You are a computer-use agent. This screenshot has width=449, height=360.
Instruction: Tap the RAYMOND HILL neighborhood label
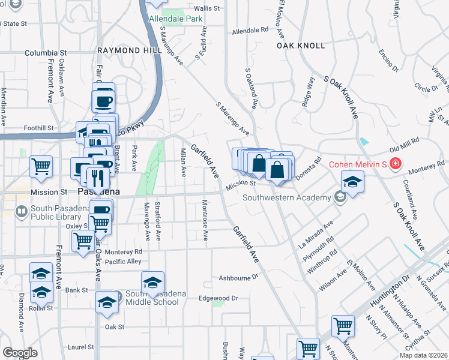(130, 50)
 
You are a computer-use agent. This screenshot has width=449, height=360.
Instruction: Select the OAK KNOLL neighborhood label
(301, 46)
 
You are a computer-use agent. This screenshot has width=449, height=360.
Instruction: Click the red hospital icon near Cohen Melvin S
(395, 164)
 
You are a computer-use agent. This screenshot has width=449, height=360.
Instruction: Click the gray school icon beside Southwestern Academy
(340, 197)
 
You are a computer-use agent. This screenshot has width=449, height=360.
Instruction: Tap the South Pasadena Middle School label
(151, 298)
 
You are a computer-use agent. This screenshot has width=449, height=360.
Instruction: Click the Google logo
(20, 353)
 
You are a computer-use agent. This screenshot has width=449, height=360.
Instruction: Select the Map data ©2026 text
(423, 355)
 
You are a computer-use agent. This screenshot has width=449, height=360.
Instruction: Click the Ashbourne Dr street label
(238, 278)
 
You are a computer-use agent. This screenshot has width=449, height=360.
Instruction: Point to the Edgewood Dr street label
(218, 298)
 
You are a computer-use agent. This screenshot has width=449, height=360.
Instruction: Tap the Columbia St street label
(44, 53)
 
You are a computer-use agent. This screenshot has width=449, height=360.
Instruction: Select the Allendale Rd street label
(250, 29)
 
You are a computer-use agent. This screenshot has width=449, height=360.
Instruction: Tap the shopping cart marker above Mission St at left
(41, 166)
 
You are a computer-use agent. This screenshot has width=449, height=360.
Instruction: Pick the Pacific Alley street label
(123, 262)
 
